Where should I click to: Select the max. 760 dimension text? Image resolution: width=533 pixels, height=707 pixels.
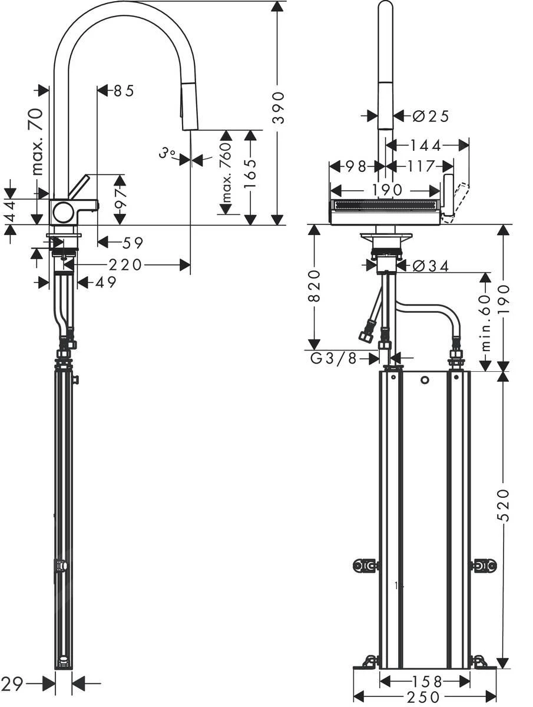224,170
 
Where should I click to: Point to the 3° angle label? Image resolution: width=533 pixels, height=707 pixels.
168,154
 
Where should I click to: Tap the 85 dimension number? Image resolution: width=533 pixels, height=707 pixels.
124,91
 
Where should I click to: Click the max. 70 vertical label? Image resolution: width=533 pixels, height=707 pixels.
38,141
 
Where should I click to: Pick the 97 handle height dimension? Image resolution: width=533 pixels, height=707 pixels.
120,200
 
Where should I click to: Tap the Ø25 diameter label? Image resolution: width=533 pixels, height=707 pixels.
431,116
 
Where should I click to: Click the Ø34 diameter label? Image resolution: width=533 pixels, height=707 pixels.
431,266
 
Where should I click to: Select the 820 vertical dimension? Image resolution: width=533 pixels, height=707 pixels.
314,286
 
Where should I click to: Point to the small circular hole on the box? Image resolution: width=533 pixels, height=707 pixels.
425,381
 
